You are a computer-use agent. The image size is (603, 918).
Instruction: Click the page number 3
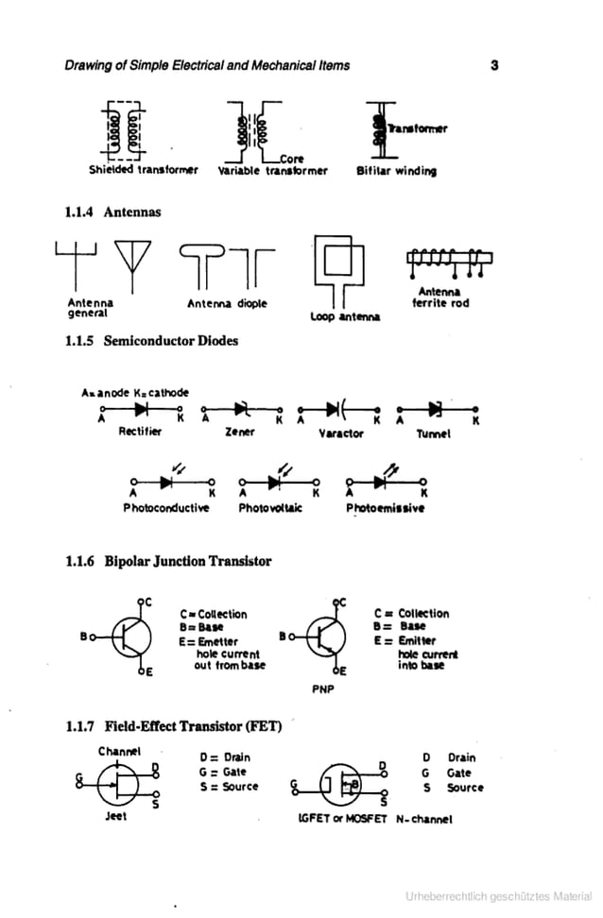tap(494, 65)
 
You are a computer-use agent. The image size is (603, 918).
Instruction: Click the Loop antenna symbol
tap(341, 265)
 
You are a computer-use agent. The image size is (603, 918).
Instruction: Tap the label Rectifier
tap(140, 431)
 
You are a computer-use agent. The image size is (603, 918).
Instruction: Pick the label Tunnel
tap(434, 433)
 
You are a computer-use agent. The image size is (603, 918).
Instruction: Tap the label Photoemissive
tap(386, 507)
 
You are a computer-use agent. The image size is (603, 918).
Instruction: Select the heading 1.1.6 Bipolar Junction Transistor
tap(168, 561)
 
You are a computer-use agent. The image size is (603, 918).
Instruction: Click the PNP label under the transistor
tap(323, 688)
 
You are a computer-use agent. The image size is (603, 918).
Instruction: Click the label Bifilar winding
tap(396, 171)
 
